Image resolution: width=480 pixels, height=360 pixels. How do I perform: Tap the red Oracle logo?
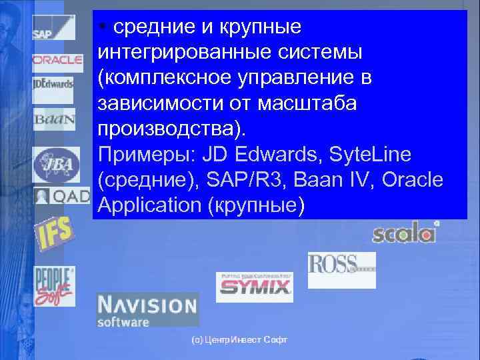pos(57,60)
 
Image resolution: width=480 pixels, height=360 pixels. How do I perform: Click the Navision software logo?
pos(147,310)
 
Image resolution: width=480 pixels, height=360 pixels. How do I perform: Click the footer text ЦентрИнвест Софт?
pos(239,340)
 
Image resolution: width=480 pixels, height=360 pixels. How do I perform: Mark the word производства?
pos(171,128)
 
